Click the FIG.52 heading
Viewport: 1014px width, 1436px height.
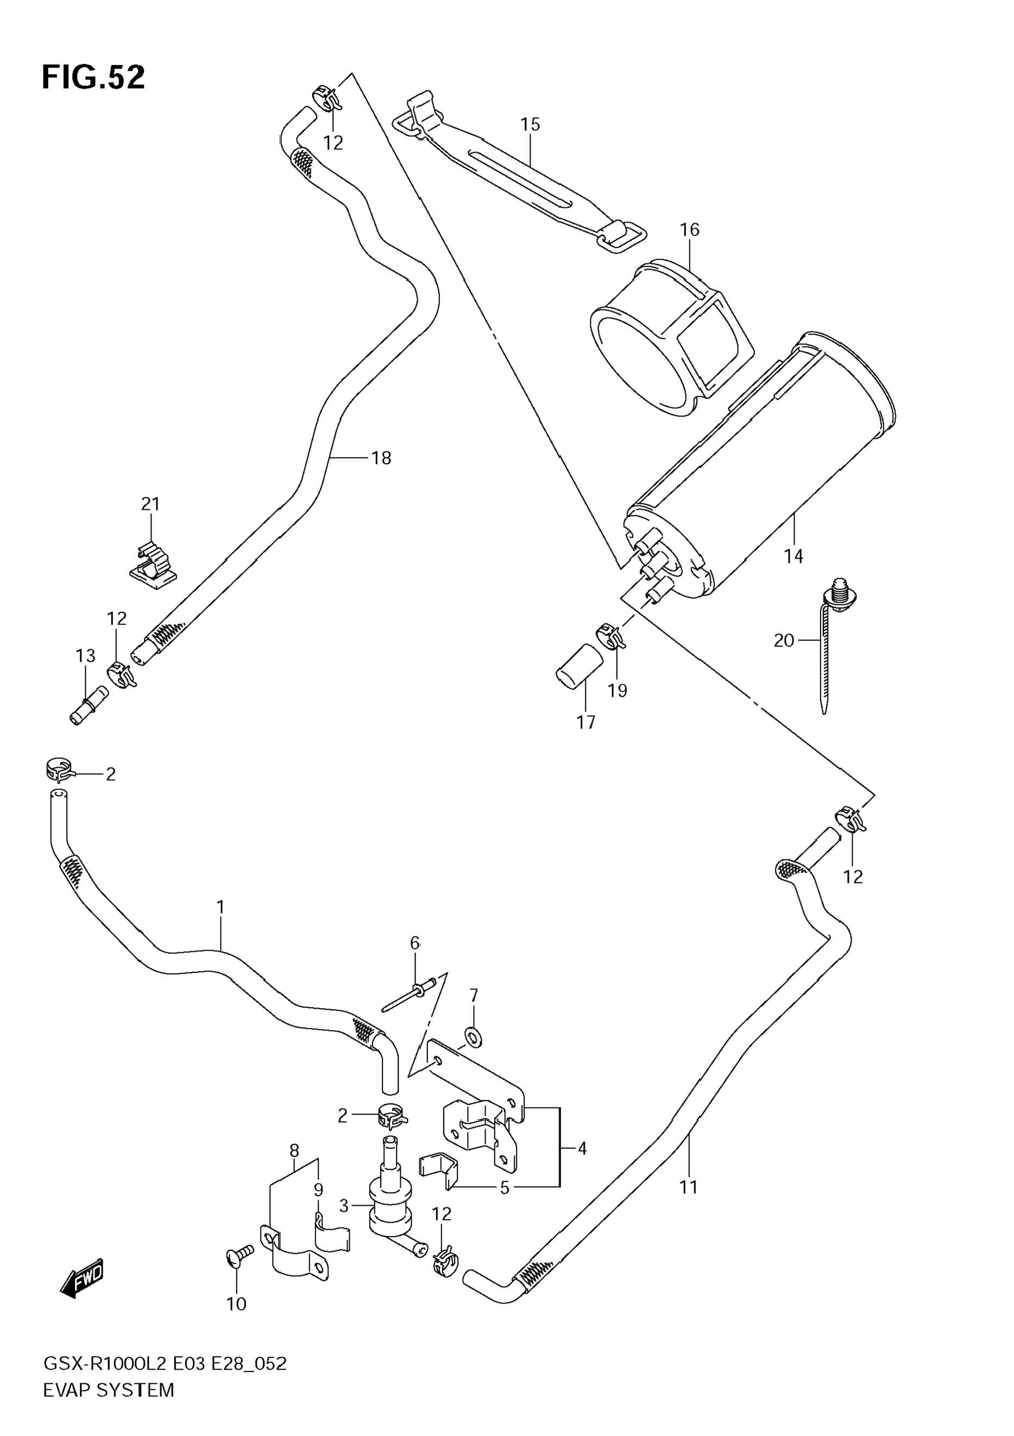tap(93, 78)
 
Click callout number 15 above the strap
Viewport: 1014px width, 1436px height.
tap(530, 124)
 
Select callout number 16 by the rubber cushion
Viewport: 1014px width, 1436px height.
tap(689, 230)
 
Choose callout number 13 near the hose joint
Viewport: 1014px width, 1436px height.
tap(85, 655)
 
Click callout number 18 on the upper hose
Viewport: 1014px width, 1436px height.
tap(381, 458)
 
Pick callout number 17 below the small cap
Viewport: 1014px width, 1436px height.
tap(585, 723)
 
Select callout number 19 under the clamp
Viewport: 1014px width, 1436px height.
tap(617, 691)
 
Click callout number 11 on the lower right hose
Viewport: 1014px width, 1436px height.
tap(689, 1187)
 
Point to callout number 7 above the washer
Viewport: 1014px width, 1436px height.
tap(474, 995)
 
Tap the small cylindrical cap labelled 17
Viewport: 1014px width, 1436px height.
tap(580, 667)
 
